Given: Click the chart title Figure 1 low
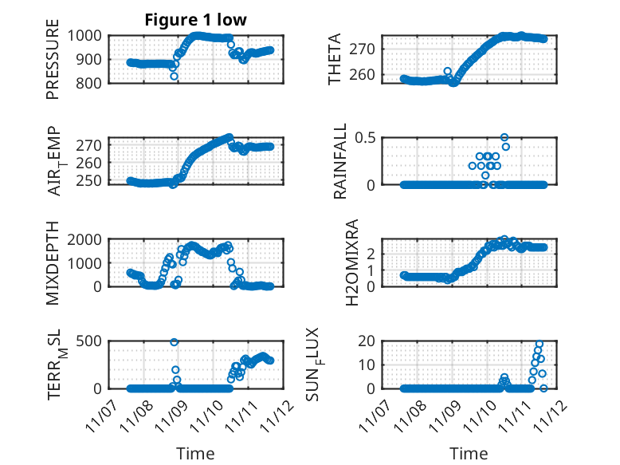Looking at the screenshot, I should point(196,20).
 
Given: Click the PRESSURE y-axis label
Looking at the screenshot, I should point(53,65).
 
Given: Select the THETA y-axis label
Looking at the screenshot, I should point(336,59).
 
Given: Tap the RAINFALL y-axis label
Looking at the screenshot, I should point(339,160).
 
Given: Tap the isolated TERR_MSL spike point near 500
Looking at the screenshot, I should point(174,342).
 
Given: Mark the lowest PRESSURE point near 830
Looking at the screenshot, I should point(174,76).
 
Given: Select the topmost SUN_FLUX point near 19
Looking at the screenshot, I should point(540,344).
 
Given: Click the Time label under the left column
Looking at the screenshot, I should point(195,454).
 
